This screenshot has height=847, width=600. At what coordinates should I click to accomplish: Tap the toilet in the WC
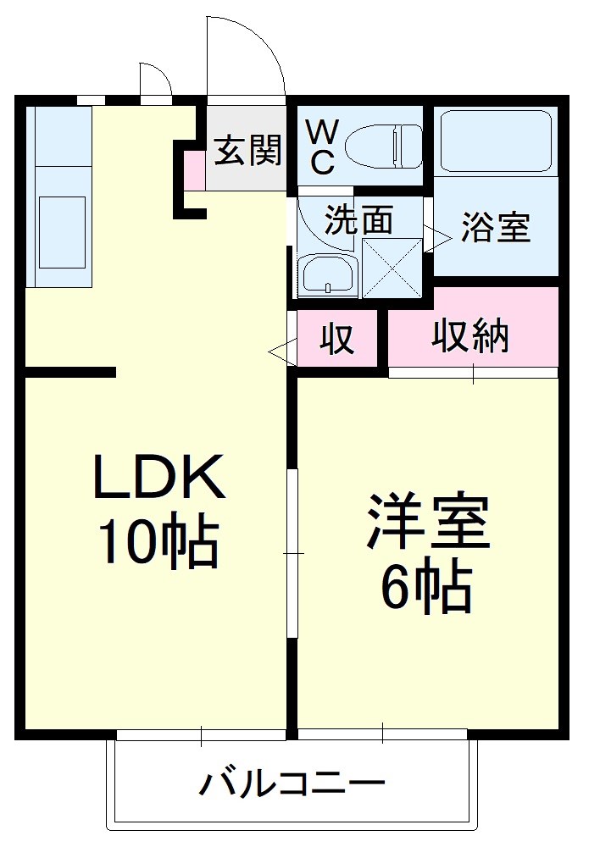[x=386, y=146]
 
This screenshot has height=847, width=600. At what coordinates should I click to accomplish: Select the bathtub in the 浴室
[x=497, y=140]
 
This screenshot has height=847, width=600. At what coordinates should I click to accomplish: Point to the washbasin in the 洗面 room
[x=325, y=274]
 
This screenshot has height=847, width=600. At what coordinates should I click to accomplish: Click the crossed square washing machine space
[x=392, y=268]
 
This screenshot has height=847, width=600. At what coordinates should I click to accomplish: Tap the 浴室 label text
[x=496, y=227]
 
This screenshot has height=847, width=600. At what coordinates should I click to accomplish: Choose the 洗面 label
[x=359, y=220]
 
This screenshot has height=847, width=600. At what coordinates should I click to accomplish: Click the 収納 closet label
[x=471, y=336]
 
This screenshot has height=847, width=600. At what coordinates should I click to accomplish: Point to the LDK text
[x=158, y=479]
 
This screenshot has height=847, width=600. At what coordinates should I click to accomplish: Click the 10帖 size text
[x=158, y=542]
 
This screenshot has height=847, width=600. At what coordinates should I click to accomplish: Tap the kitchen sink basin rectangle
[x=62, y=232]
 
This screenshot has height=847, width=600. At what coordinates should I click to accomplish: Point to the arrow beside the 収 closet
[x=279, y=349]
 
